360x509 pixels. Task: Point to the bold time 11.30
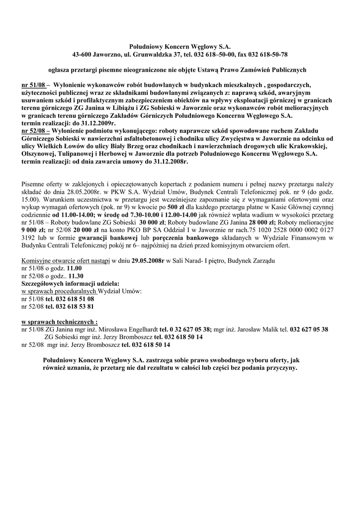(x=76, y=276)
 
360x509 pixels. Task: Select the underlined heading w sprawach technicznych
(x=59, y=322)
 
